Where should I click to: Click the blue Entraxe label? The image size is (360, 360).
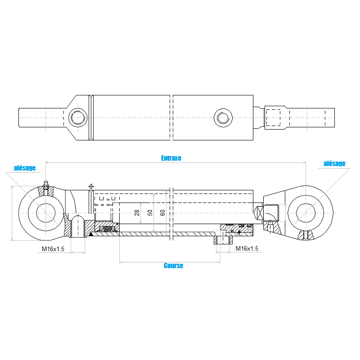click(x=171, y=158)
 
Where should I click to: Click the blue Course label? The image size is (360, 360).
click(x=173, y=265)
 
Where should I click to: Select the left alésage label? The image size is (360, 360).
click(x=25, y=168)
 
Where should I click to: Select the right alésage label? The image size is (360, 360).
click(x=334, y=163)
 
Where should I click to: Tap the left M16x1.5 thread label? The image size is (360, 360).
click(x=53, y=249)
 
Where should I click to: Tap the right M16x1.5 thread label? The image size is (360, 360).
click(x=247, y=248)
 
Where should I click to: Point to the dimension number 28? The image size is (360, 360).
click(x=137, y=213)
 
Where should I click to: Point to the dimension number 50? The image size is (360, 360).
click(x=150, y=213)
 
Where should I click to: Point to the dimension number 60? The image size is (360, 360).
click(x=162, y=213)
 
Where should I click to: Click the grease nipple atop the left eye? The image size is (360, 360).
click(x=46, y=184)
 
